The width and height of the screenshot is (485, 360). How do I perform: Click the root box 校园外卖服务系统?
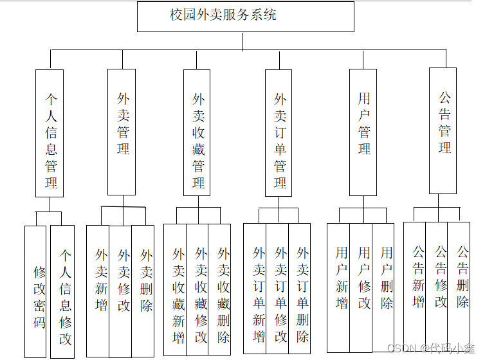click(x=245, y=16)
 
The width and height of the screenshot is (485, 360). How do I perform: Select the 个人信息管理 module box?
click(x=50, y=132)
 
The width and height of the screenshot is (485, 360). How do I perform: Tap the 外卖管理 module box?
click(x=122, y=132)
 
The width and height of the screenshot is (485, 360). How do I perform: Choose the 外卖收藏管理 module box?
click(x=197, y=132)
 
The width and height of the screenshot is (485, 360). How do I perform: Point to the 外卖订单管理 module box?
click(x=279, y=132)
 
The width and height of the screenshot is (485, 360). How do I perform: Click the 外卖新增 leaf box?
click(x=98, y=291)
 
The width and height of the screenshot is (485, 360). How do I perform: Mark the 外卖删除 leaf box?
click(x=143, y=291)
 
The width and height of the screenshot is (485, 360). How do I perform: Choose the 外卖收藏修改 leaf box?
click(x=198, y=289)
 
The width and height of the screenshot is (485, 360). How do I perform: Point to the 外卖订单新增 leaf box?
click(x=255, y=288)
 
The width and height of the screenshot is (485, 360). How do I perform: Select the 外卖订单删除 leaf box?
click(x=300, y=288)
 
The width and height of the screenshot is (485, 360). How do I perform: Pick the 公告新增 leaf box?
click(x=416, y=287)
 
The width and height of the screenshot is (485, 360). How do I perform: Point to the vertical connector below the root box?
click(x=242, y=41)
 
